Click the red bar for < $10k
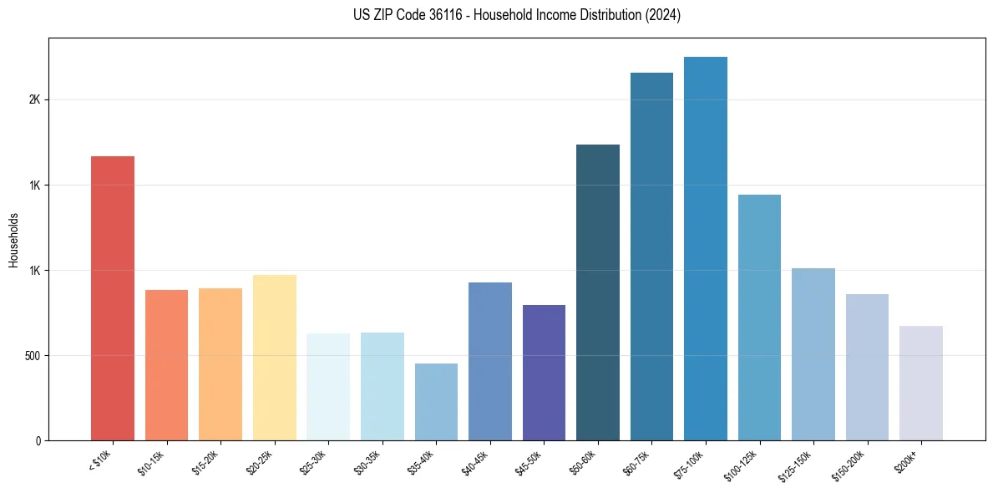point(112,298)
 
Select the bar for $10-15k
point(166,365)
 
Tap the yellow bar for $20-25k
point(274,358)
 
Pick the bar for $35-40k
point(436,402)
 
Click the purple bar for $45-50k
point(544,373)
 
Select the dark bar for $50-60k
point(598,292)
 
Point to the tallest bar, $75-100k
point(706,249)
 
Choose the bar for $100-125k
point(759,318)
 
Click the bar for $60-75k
point(651,257)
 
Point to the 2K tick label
point(34,99)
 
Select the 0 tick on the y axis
point(38,441)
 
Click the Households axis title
point(13,240)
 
